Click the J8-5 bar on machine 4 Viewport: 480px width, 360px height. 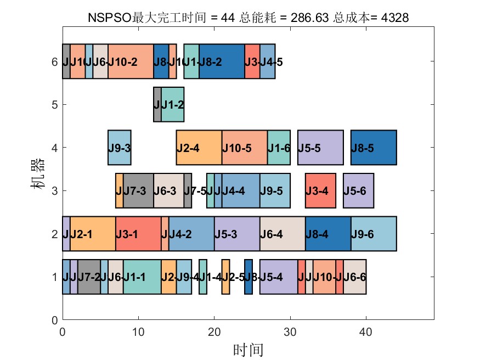click(x=373, y=148)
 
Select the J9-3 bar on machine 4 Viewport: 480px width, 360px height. click(x=119, y=148)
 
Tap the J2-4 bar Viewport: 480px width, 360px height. click(x=199, y=148)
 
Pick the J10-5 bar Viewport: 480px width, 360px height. click(x=244, y=148)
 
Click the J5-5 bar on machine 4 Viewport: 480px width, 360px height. click(x=320, y=148)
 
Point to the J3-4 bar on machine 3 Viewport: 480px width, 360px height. click(x=320, y=190)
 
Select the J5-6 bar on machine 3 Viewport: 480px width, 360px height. click(x=358, y=190)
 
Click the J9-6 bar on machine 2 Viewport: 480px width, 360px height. click(x=373, y=234)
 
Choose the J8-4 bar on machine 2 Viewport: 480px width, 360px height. click(x=327, y=234)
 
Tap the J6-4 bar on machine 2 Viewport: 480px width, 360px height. click(x=282, y=234)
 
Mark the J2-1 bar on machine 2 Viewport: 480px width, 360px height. click(x=92, y=234)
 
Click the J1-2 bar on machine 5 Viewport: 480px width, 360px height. click(x=172, y=104)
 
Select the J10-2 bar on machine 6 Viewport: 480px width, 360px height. click(x=131, y=61)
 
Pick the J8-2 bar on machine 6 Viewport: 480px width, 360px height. click(x=222, y=61)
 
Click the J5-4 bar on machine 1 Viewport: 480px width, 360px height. click(x=278, y=277)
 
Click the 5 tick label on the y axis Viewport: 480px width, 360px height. click(x=54, y=104)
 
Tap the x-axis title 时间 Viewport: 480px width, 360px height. click(x=248, y=349)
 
